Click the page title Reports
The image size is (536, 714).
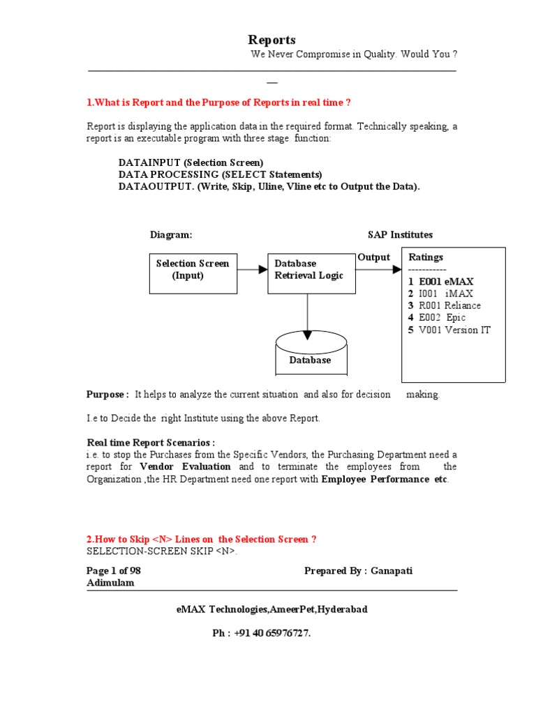(x=272, y=40)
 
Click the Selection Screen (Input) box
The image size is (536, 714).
(x=193, y=273)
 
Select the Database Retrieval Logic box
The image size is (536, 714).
(x=311, y=273)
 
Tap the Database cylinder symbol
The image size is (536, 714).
(x=311, y=353)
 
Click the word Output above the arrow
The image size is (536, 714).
(x=374, y=257)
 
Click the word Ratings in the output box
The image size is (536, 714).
(x=426, y=257)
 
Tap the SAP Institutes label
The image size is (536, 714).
(x=400, y=235)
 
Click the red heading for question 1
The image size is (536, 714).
(x=218, y=102)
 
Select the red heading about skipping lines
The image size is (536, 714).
(x=202, y=540)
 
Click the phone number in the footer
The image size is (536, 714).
(x=262, y=633)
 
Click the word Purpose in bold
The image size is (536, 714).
(x=107, y=395)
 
